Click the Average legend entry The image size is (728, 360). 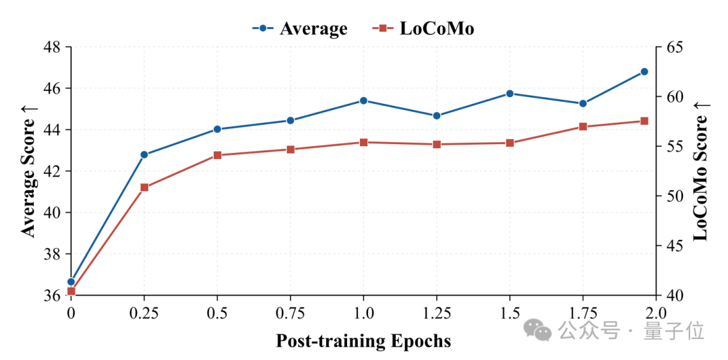300,29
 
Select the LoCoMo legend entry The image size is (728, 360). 423,29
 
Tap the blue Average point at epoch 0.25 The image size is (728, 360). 144,154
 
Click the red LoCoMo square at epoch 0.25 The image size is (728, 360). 144,187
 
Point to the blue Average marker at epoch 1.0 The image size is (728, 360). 363,101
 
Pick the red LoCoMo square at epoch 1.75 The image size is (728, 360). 583,127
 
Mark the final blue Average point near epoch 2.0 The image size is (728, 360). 644,71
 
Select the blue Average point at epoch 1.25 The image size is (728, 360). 436,116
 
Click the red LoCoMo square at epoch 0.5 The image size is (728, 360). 217,155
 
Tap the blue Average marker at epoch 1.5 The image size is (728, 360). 510,93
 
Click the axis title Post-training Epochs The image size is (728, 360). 363,341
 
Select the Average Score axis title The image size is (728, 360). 30,171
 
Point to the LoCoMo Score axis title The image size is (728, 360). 701,171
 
